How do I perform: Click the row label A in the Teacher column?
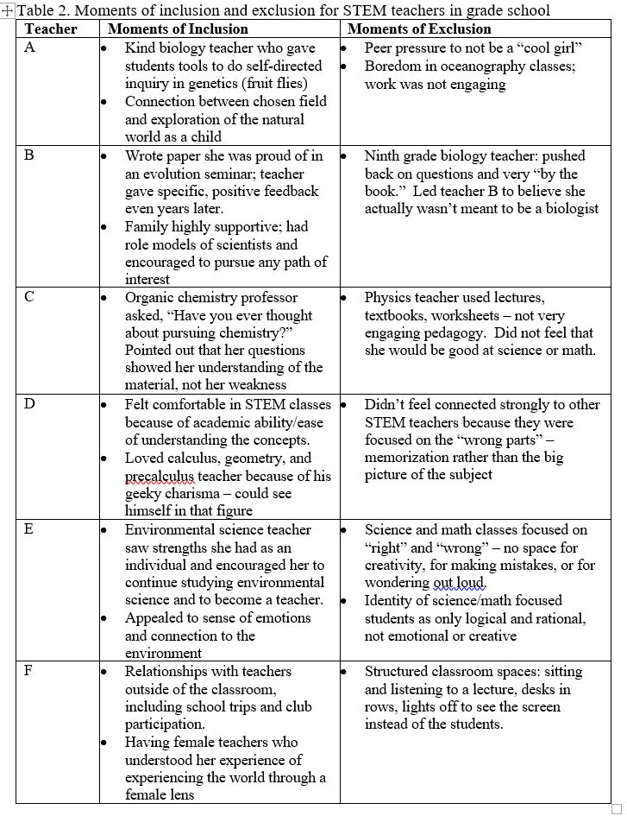pos(29,47)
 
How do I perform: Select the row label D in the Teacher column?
pos(29,403)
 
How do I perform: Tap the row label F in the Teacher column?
pos(29,671)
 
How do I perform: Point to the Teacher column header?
pos(51,29)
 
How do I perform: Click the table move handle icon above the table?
pos(8,11)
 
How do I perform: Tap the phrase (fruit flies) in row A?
pos(284,83)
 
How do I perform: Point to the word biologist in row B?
pos(569,209)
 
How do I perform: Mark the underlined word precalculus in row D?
pos(160,476)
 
